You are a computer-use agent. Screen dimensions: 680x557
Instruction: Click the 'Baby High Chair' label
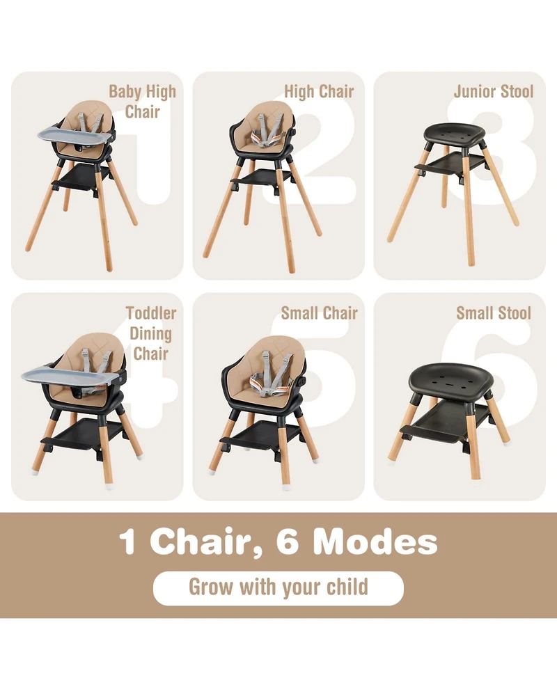pos(142,102)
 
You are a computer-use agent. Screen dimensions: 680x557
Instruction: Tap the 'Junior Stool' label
pos(494,91)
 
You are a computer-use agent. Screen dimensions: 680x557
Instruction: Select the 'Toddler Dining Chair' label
pos(150,333)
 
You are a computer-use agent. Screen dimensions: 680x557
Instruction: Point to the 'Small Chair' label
pos(319,313)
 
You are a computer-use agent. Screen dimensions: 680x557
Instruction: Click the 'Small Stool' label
pos(494,313)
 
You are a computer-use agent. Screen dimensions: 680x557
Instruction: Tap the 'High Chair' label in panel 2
pos(319,91)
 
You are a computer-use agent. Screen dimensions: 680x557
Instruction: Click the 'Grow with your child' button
pos(278,587)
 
